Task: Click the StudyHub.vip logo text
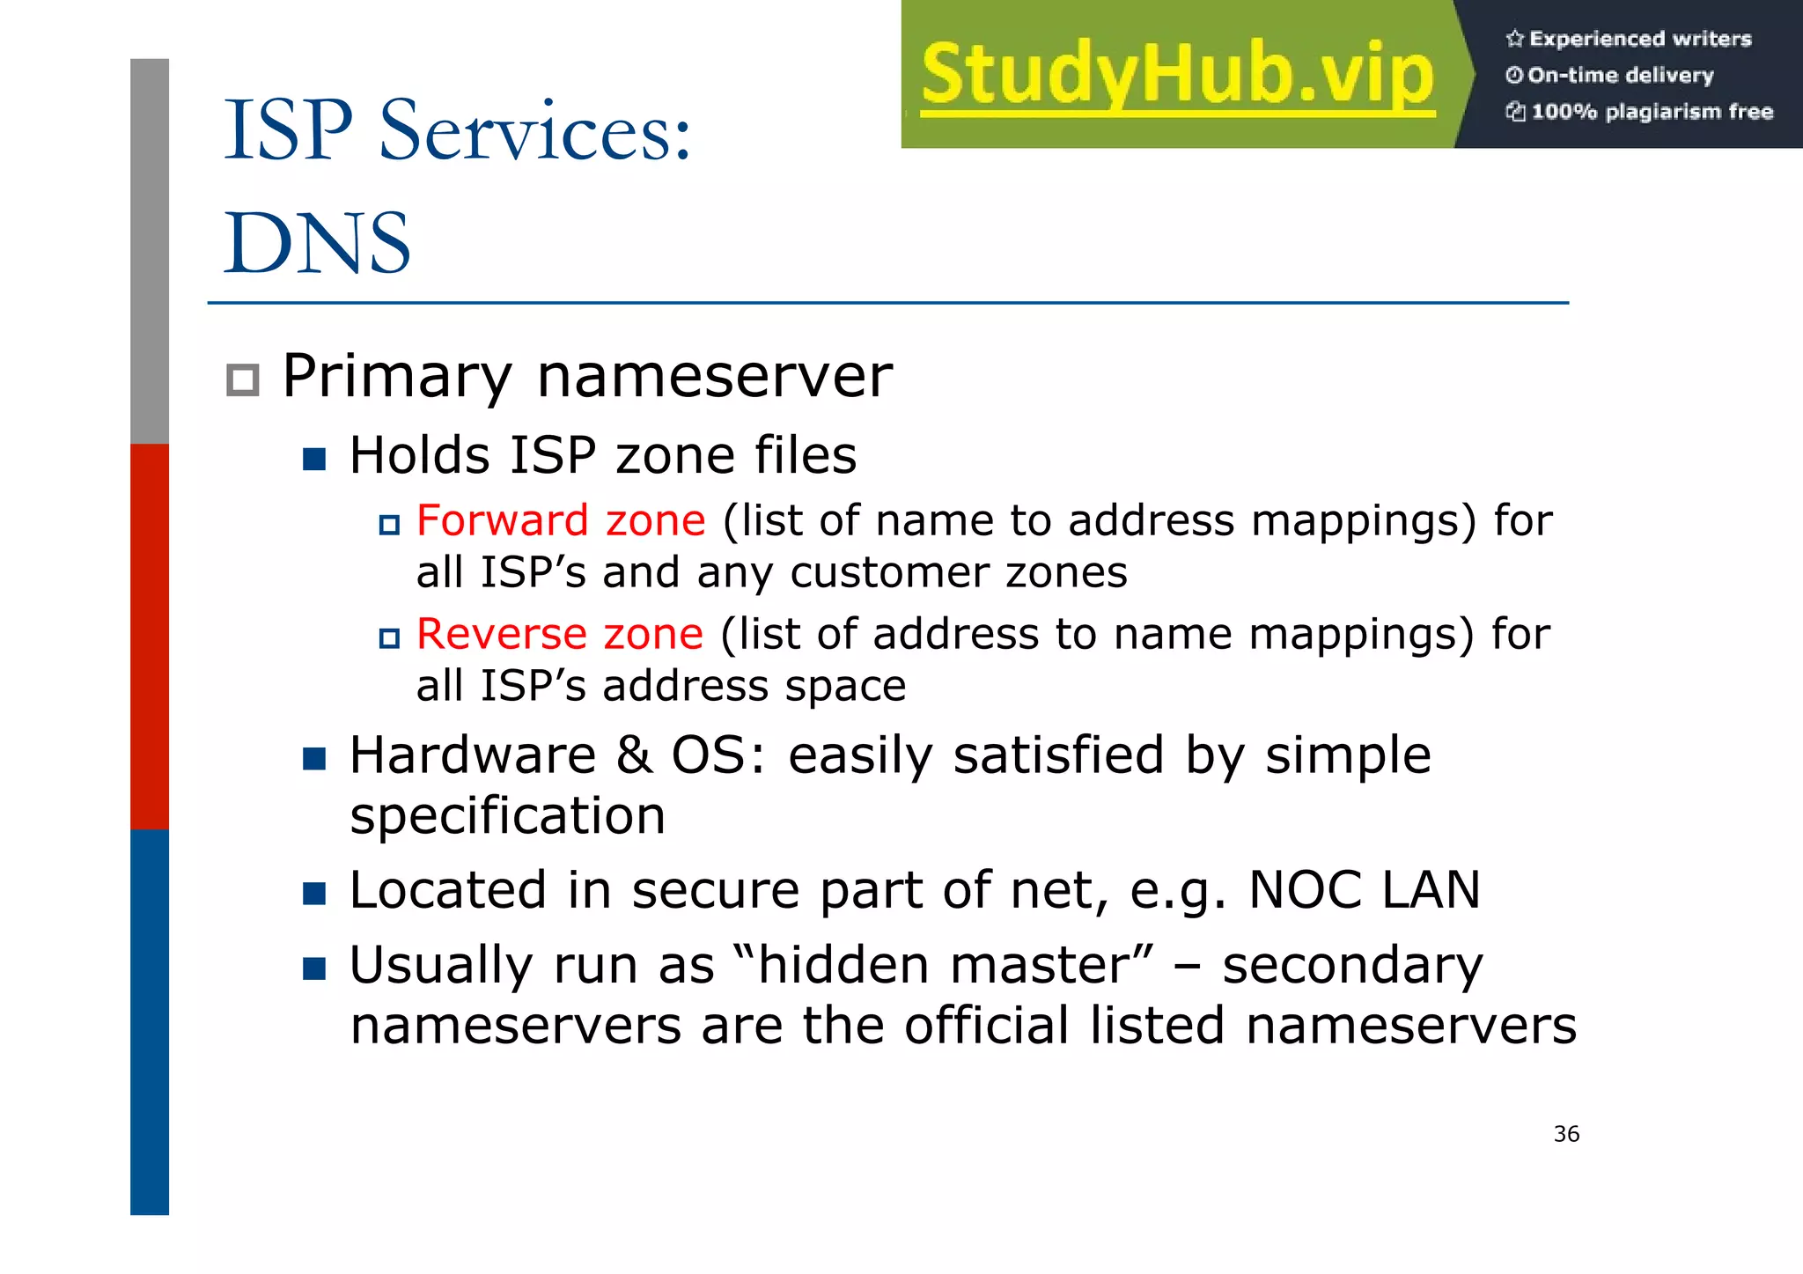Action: tap(1178, 76)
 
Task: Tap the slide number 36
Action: tap(1566, 1134)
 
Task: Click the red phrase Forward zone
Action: tap(561, 520)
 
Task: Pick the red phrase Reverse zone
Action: tap(560, 634)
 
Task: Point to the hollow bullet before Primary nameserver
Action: tap(242, 380)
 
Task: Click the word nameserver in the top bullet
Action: tap(714, 377)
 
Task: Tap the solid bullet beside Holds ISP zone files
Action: tap(314, 459)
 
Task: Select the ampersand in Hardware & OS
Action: tap(634, 755)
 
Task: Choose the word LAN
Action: tap(1431, 890)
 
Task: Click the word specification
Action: tap(507, 816)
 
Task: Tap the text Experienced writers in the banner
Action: tap(1639, 39)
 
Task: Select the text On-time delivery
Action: tap(1620, 76)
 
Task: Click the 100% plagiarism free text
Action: tap(1652, 112)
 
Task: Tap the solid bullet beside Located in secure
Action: tap(314, 894)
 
